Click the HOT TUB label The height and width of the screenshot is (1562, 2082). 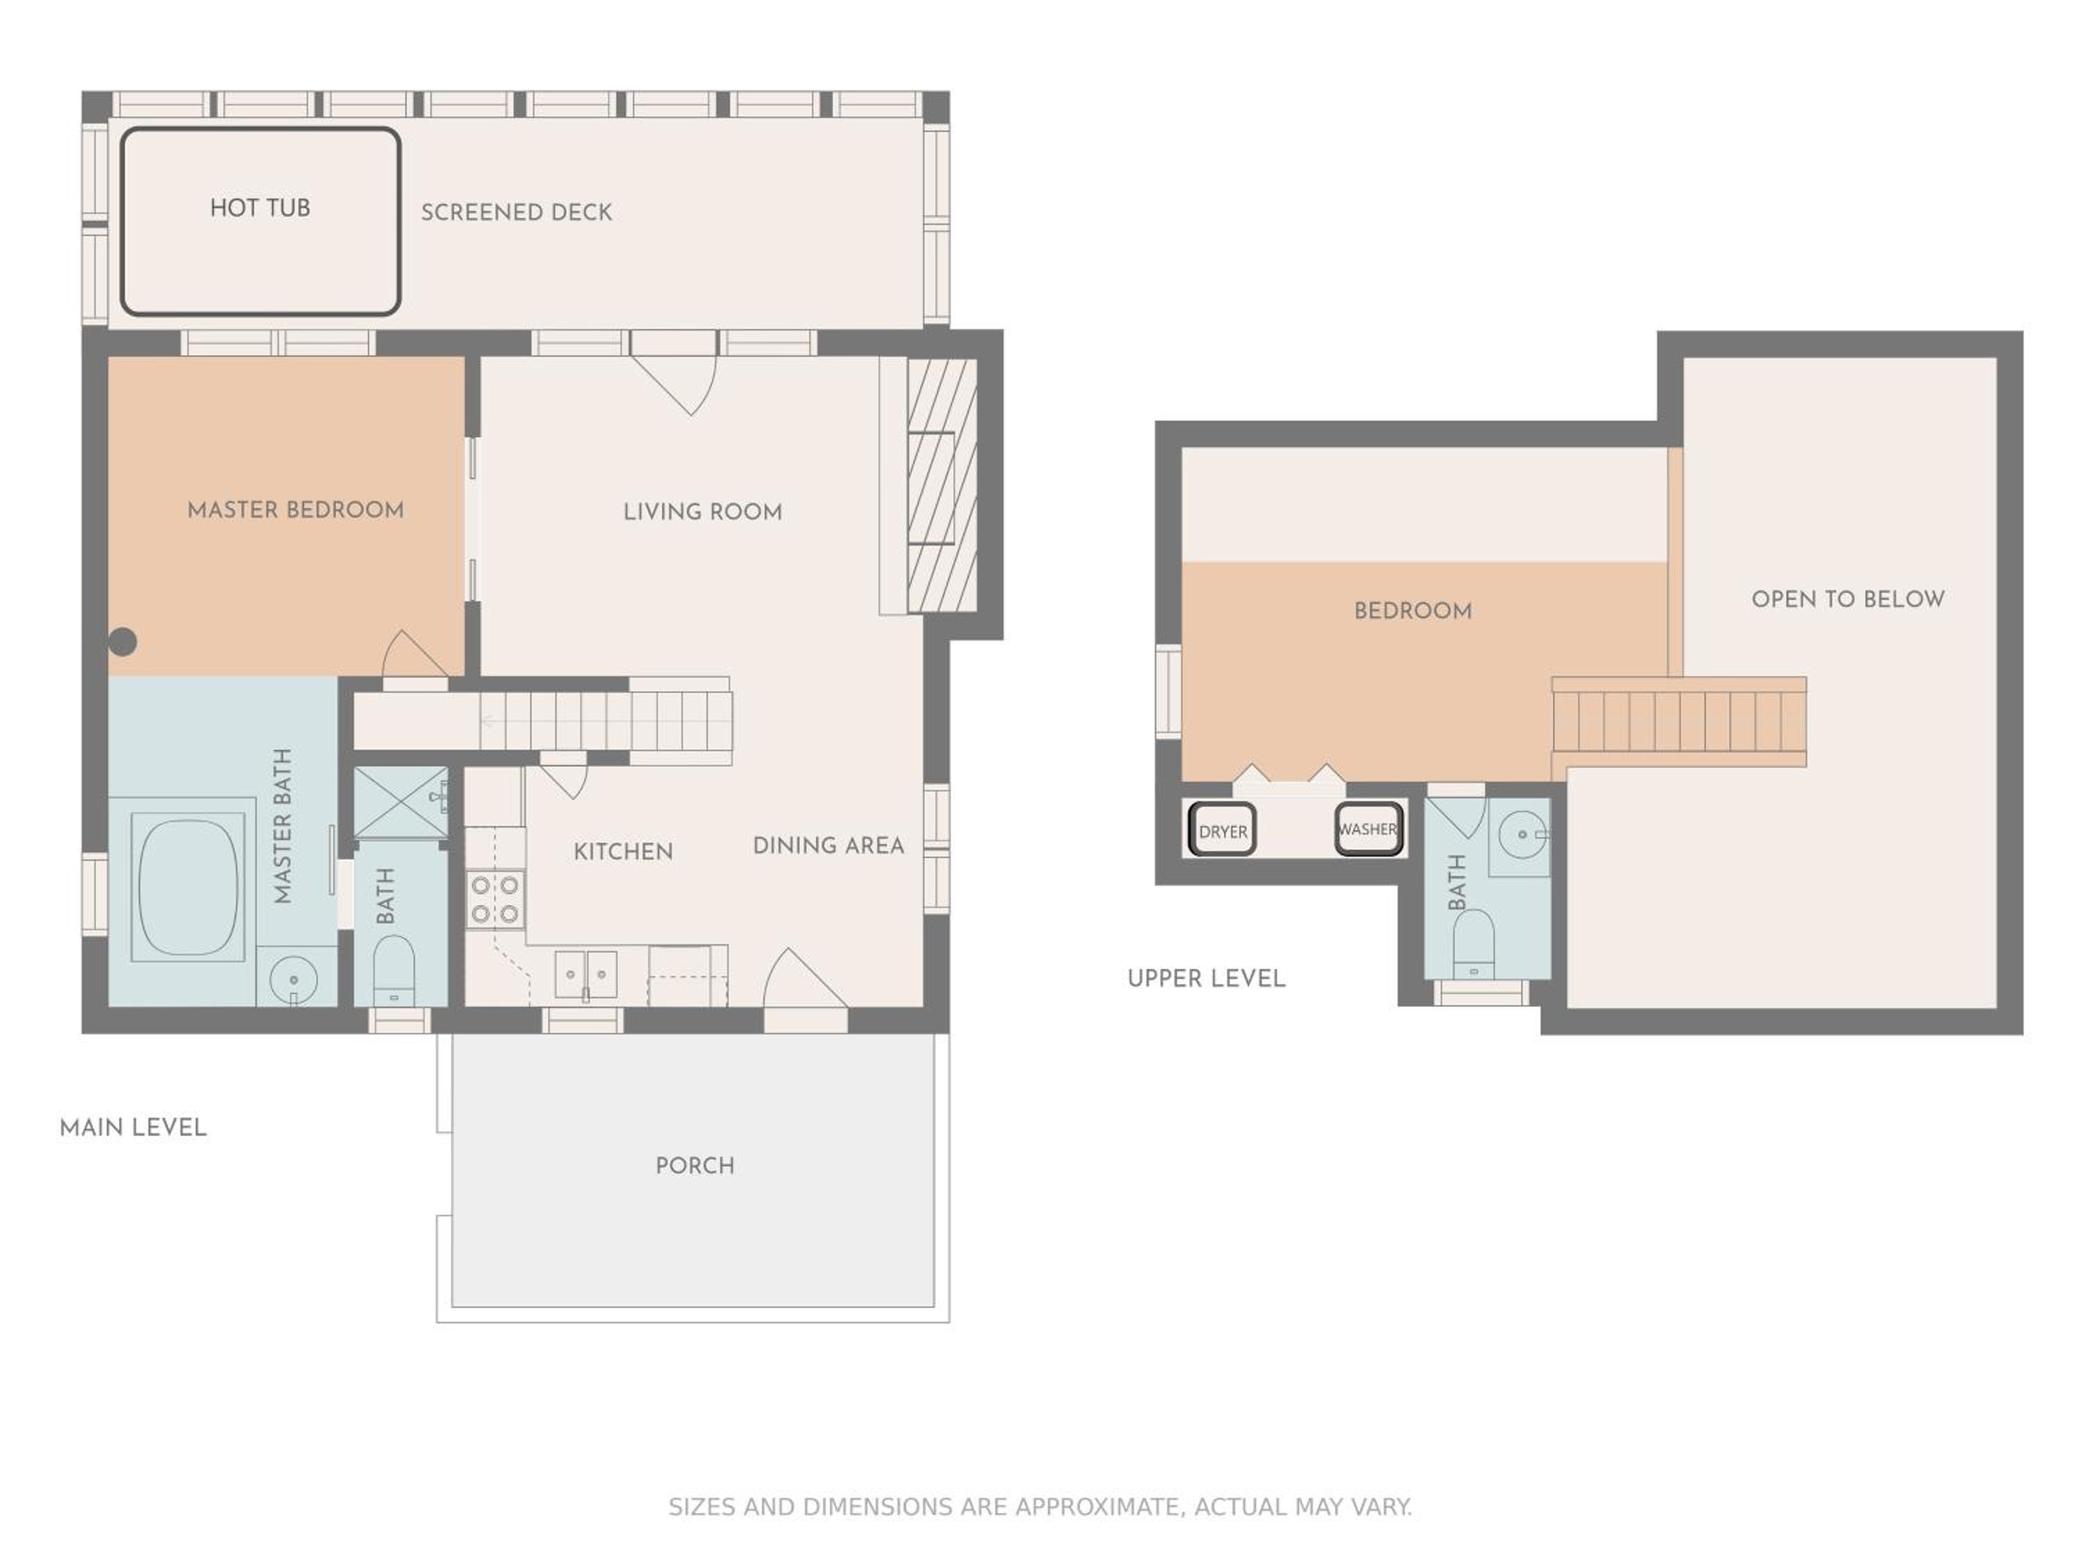(x=260, y=208)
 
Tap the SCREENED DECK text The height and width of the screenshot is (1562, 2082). (x=517, y=213)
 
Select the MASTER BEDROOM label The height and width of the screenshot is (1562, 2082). (x=296, y=510)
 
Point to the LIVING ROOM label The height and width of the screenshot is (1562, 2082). (x=702, y=512)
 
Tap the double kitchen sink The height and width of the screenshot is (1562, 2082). (x=586, y=973)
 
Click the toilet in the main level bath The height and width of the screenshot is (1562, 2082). (x=394, y=971)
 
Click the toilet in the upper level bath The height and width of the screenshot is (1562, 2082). (x=1474, y=944)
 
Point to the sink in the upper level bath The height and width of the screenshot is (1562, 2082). (x=1522, y=835)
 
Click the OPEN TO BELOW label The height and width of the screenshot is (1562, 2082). (x=1847, y=600)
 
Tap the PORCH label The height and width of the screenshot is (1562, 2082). (x=695, y=1166)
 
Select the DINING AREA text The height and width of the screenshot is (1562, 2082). (x=828, y=846)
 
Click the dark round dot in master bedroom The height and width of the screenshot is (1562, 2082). (x=122, y=642)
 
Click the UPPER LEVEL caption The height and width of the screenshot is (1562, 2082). (x=1205, y=979)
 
